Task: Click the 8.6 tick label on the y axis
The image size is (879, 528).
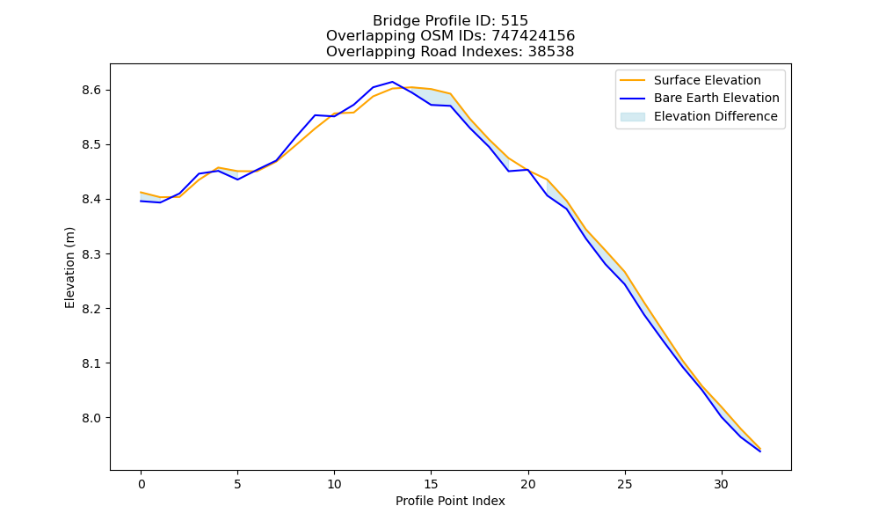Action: click(91, 91)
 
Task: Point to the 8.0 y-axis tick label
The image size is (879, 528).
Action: click(91, 418)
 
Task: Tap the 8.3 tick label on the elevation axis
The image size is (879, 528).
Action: click(91, 254)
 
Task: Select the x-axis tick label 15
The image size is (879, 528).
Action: click(431, 484)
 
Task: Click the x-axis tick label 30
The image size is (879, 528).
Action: click(721, 484)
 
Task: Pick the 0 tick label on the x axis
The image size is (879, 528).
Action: click(142, 484)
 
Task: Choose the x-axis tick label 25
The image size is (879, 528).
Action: click(624, 484)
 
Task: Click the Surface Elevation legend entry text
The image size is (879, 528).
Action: click(708, 80)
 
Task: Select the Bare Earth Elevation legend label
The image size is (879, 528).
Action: click(716, 99)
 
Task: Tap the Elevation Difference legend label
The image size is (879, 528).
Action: click(716, 116)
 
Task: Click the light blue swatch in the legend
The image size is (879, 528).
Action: click(632, 117)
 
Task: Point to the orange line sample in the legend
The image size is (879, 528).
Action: click(632, 80)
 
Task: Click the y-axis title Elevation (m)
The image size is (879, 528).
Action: click(69, 268)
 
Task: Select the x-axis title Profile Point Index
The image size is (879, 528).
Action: click(450, 501)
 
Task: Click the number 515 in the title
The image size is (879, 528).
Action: click(514, 21)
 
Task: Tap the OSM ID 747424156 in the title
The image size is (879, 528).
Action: click(534, 36)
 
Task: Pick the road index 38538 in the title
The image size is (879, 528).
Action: click(551, 52)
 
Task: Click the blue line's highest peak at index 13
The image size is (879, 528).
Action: click(392, 82)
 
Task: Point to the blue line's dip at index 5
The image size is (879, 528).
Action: click(237, 180)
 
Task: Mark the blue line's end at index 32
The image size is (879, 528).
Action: click(760, 451)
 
